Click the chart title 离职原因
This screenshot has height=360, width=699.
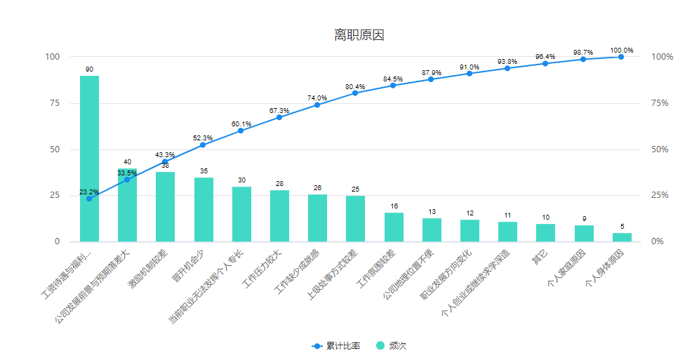coord(359,35)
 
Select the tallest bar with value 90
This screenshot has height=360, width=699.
coord(89,158)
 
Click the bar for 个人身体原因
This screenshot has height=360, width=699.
coord(622,237)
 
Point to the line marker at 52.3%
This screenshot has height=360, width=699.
coord(203,145)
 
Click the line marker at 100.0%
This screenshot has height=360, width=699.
coord(621,57)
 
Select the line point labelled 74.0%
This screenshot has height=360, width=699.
coord(317,105)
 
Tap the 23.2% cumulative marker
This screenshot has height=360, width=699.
coord(89,199)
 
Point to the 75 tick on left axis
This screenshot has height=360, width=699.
coord(53,103)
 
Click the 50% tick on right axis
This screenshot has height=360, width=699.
coord(660,149)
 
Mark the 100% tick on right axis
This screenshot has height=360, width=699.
coord(662,57)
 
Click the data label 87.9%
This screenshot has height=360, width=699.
coord(432,72)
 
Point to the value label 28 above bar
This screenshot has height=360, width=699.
coord(279,184)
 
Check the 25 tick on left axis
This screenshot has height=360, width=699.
coord(53,196)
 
